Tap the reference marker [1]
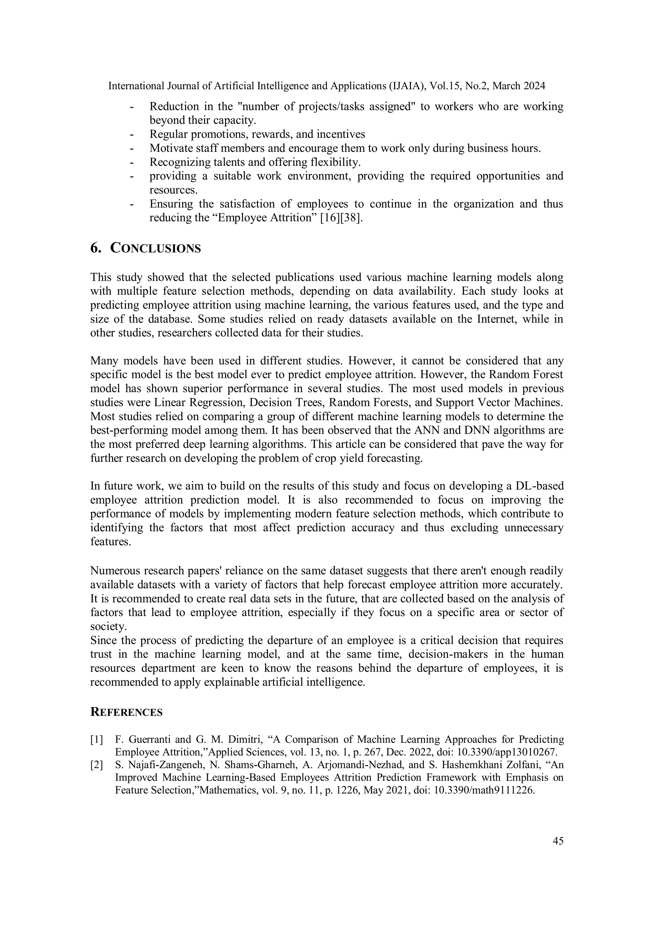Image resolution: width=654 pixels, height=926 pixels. pyautogui.click(x=97, y=740)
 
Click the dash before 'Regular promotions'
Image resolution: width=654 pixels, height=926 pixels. pyautogui.click(x=132, y=134)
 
